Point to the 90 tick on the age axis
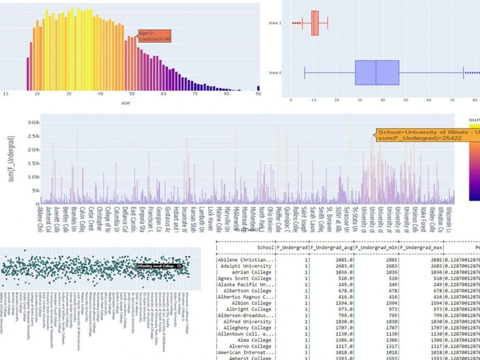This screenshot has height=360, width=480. click(258, 94)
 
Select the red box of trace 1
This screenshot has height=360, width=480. click(315, 23)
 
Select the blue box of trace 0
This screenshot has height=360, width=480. click(377, 73)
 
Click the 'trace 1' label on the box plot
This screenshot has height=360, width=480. click(275, 23)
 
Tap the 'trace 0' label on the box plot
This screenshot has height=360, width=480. click(275, 73)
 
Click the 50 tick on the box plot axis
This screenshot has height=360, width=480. click(406, 100)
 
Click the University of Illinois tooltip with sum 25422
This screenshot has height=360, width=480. click(427, 135)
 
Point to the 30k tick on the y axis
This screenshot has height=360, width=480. click(33, 123)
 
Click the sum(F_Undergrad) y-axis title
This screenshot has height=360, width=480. click(11, 158)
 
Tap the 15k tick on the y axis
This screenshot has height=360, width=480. click(33, 163)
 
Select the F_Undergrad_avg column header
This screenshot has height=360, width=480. click(332, 248)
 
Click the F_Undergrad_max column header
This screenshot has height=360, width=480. click(421, 248)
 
